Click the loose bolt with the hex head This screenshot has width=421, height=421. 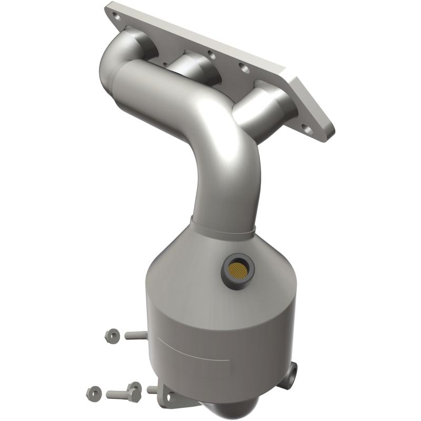(x=124, y=392)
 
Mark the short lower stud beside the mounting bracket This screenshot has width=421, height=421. (x=152, y=390)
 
